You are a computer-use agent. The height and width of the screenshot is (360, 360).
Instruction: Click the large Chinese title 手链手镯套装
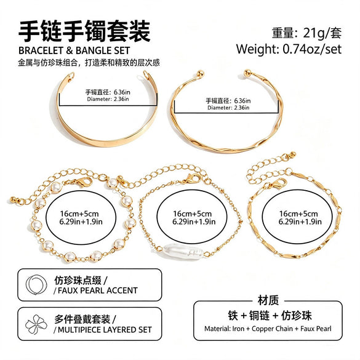pos(84,31)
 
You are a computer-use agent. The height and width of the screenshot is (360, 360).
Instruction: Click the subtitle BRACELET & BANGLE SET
pos(74,50)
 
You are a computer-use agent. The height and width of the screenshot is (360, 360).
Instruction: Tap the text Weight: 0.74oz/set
pos(289,49)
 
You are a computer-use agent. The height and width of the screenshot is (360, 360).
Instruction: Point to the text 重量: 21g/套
pos(306,33)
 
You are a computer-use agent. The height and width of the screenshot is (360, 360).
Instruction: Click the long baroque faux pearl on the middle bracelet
pos(183,252)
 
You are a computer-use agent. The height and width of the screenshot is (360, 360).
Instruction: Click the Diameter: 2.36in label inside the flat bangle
pos(108,99)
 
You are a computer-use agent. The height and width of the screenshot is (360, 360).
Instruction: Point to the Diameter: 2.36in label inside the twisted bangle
pos(228,108)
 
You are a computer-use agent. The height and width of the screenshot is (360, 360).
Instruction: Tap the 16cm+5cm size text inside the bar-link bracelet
pos(298,214)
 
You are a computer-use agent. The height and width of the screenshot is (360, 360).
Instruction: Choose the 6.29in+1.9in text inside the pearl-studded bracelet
pos(81,222)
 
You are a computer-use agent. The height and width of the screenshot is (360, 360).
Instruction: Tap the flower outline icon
pos(36,324)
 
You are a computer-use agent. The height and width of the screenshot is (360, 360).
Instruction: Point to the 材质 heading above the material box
pos(268,300)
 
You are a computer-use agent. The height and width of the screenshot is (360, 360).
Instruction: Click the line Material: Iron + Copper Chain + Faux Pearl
pos(268,329)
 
